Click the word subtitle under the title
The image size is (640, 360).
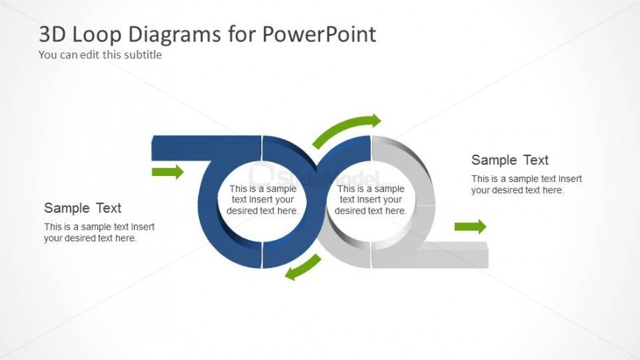(144, 54)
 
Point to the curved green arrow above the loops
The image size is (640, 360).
(346, 130)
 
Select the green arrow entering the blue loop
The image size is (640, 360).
(167, 172)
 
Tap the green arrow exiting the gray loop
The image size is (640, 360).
(470, 227)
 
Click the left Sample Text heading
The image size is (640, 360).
(82, 208)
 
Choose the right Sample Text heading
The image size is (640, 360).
(510, 160)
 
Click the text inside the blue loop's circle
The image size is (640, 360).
(263, 200)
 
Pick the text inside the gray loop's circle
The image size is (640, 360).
(371, 200)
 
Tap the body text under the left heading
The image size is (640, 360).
(99, 232)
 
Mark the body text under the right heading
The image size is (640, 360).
(527, 184)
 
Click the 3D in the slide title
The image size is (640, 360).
(51, 35)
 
